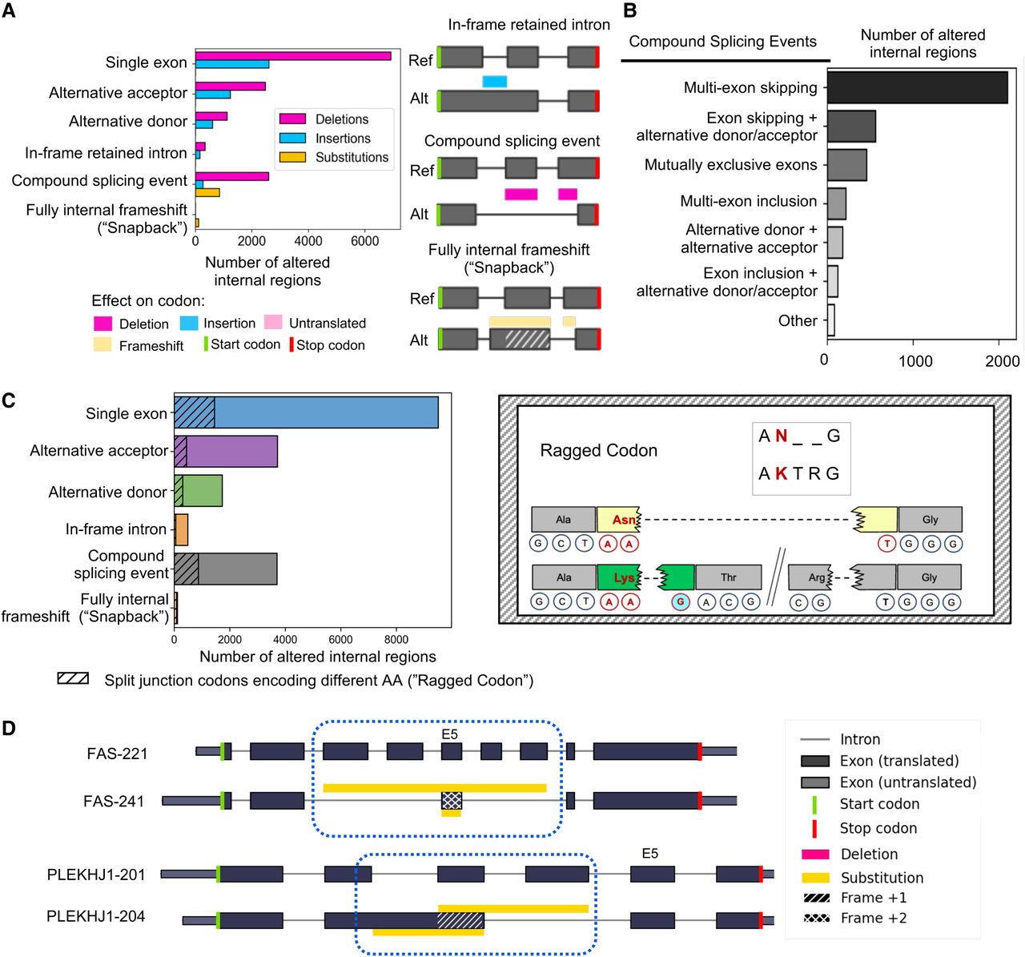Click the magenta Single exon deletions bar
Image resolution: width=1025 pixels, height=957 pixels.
(293, 56)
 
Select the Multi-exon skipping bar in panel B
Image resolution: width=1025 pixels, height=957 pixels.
(917, 87)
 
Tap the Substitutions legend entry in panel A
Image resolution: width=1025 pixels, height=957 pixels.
(351, 158)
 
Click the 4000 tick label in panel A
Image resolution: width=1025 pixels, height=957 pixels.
(308, 241)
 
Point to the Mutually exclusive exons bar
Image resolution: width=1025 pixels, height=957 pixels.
(846, 165)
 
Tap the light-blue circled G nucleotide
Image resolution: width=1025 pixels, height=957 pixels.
(681, 602)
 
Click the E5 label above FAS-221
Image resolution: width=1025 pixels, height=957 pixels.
(449, 734)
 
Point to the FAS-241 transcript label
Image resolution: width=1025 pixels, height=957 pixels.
(114, 801)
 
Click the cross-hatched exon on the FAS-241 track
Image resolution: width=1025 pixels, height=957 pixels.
(452, 800)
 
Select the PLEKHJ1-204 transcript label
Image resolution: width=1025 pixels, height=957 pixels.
(96, 916)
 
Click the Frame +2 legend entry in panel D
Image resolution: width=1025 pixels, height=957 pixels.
(873, 919)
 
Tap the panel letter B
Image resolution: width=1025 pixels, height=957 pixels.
(630, 10)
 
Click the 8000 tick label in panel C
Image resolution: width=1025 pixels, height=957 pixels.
(396, 640)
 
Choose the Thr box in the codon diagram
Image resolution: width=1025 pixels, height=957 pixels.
(728, 577)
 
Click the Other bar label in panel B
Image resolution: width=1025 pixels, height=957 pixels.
(798, 320)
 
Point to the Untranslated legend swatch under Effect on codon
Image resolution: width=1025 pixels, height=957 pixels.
(273, 323)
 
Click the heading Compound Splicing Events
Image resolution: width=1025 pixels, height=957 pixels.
(722, 42)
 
